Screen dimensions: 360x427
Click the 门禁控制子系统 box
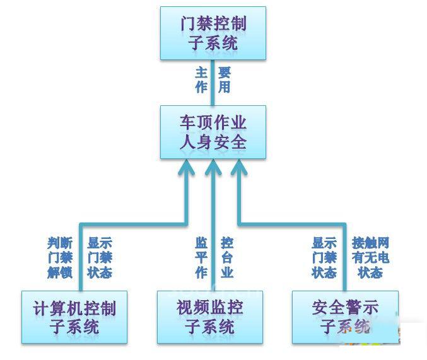(213, 33)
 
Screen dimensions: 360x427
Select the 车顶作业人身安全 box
(213, 132)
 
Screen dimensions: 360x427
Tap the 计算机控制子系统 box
(74, 317)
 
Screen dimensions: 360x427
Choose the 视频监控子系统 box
(209, 317)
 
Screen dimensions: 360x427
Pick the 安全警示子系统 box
(345, 317)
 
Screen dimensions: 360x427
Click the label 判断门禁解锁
(60, 257)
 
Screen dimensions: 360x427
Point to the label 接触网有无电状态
(370, 257)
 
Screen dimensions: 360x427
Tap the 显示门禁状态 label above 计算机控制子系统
(100, 257)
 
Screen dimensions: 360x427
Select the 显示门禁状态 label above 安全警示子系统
(324, 257)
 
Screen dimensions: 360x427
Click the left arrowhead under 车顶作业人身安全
(187, 168)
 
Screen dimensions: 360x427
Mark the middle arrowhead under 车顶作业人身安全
(213, 168)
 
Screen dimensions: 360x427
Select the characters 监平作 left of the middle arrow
(201, 257)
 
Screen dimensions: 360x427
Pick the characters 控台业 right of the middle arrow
(227, 257)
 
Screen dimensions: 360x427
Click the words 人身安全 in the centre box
(213, 142)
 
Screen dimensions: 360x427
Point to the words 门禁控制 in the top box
(213, 25)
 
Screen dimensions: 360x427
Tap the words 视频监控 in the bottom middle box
(209, 308)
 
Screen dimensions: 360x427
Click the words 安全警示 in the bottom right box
(345, 308)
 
